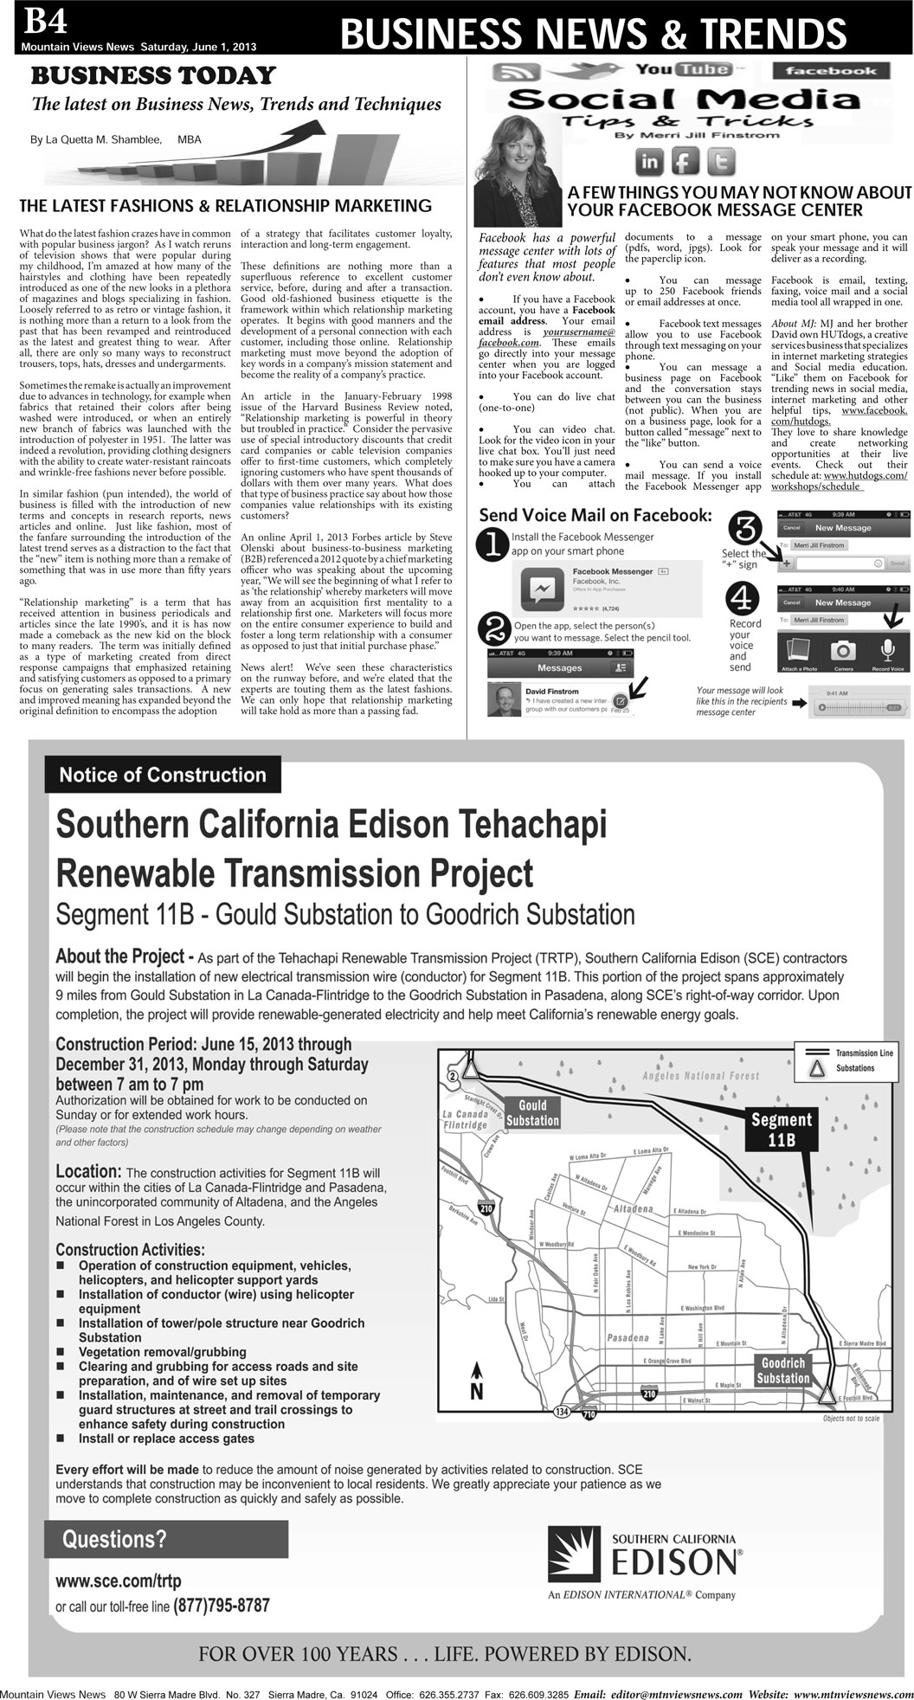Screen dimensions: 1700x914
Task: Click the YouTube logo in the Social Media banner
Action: tap(683, 70)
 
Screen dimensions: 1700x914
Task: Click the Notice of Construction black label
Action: tap(163, 775)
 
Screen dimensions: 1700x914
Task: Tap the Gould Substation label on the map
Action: tap(532, 1113)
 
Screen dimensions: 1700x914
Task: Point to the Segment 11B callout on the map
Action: tap(782, 1130)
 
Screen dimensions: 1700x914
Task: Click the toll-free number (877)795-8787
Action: tap(222, 1606)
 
